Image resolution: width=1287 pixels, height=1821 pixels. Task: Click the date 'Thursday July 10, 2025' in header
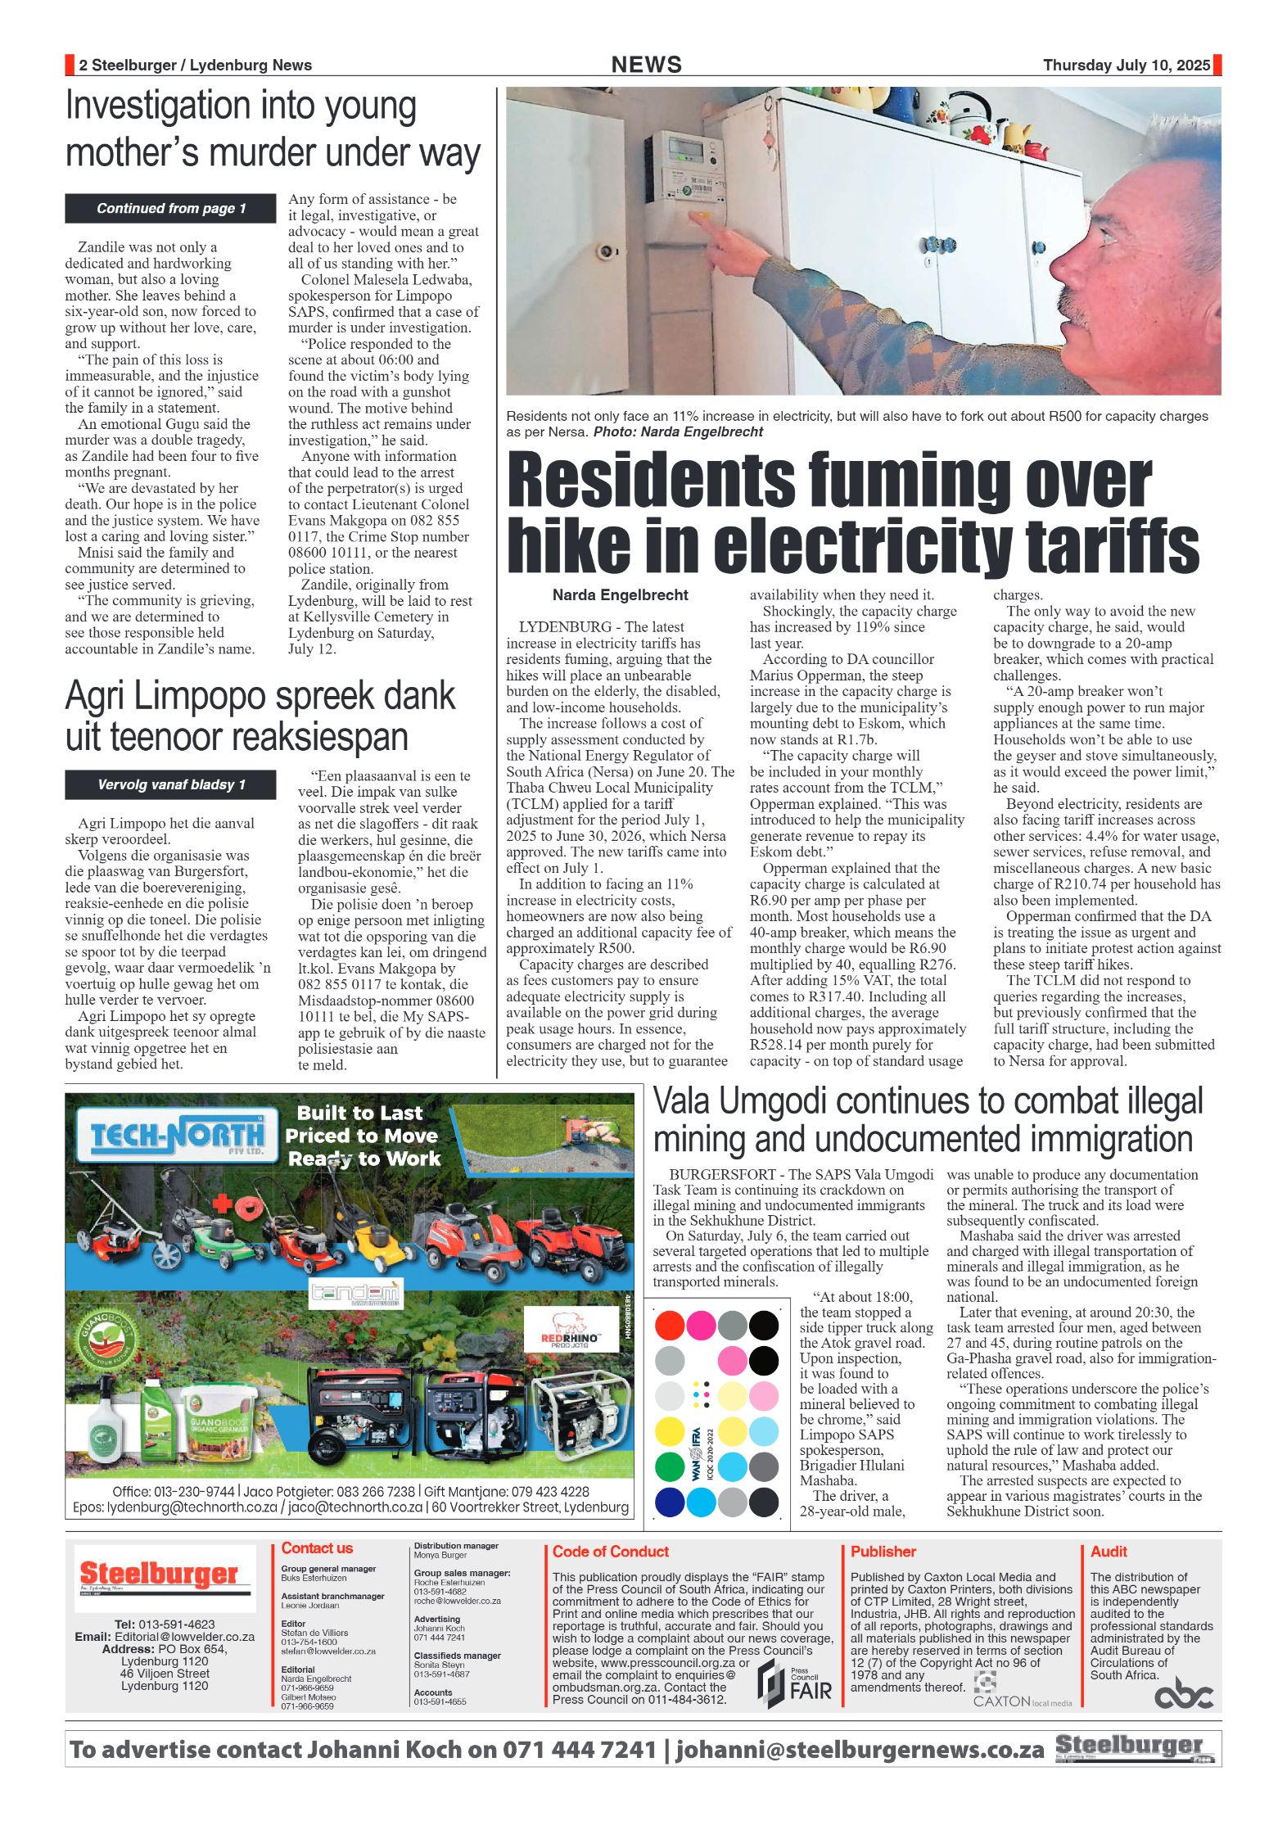click(1126, 66)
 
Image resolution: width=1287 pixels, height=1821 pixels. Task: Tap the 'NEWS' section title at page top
click(646, 65)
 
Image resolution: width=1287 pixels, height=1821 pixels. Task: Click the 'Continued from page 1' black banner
click(170, 209)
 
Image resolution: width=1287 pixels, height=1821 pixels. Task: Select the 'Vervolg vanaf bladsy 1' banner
click(170, 784)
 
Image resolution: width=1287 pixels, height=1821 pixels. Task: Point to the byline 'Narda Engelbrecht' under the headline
click(620, 595)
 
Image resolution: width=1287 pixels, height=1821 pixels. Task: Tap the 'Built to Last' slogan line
click(359, 1113)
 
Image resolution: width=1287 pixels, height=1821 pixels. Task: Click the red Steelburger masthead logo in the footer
click(160, 1574)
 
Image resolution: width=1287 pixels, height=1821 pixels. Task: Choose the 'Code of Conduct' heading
click(610, 1552)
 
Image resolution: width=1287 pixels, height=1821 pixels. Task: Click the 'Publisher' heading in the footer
click(883, 1552)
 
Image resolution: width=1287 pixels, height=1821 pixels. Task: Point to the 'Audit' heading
click(1109, 1552)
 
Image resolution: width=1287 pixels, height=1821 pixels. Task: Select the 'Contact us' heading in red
click(317, 1548)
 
